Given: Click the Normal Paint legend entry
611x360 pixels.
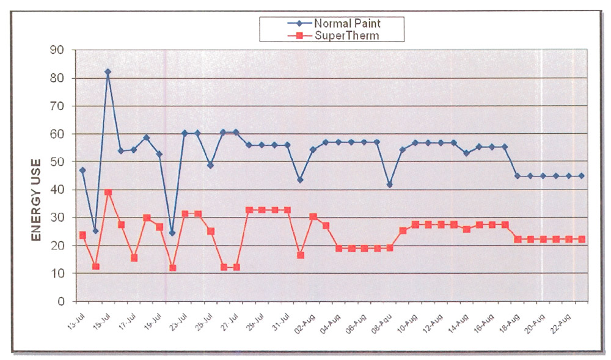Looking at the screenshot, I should point(346,23).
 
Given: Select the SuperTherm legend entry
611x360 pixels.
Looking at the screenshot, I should point(346,35).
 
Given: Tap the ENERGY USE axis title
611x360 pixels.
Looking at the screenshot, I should point(36,200).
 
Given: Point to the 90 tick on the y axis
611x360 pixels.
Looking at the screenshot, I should point(60,50).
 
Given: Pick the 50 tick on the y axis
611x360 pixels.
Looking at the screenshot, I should point(60,162).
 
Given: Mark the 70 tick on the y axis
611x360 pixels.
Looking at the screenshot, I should point(60,106).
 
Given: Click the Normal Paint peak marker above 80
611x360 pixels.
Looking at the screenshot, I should point(108,72).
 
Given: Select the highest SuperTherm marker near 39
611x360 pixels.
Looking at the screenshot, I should point(108,192).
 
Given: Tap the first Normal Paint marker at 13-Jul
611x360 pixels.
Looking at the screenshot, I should point(82,170).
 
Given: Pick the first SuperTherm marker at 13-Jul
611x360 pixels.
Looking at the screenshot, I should point(82,235).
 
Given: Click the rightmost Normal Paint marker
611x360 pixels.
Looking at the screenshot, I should point(582,176).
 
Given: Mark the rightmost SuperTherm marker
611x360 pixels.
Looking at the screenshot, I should point(582,239).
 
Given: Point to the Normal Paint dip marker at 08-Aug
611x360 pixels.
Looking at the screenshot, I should point(390,185).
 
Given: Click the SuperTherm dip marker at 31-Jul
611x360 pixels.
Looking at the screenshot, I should point(301,255).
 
